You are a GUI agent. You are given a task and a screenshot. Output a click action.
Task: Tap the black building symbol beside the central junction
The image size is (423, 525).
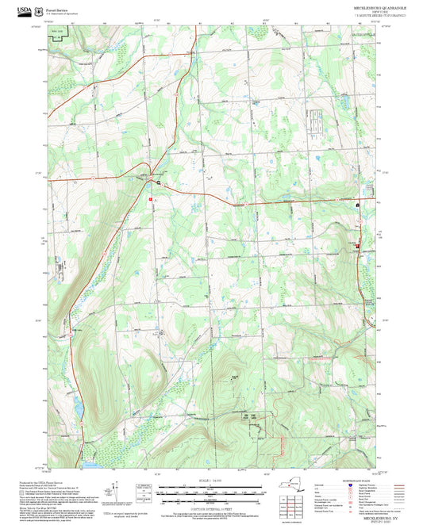pyautogui.click(x=159, y=183)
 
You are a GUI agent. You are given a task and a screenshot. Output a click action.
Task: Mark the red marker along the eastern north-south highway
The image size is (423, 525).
pyautogui.click(x=357, y=246)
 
